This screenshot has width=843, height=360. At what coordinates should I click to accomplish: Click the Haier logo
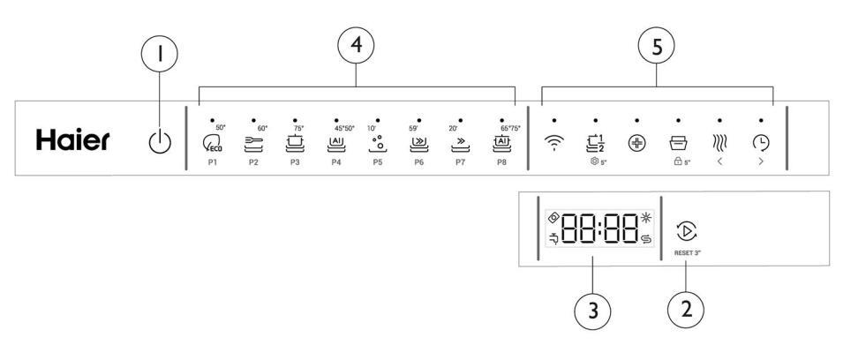[73, 139]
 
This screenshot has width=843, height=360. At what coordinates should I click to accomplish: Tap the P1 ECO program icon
[212, 143]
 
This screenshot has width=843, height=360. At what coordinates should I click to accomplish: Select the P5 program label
[377, 164]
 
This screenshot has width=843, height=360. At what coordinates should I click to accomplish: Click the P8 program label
[502, 164]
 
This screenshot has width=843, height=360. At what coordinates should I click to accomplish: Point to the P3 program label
[295, 164]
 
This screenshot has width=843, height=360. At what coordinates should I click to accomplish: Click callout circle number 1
[161, 56]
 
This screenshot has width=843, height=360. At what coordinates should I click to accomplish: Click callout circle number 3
[593, 311]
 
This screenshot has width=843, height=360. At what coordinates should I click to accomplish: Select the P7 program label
[461, 164]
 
